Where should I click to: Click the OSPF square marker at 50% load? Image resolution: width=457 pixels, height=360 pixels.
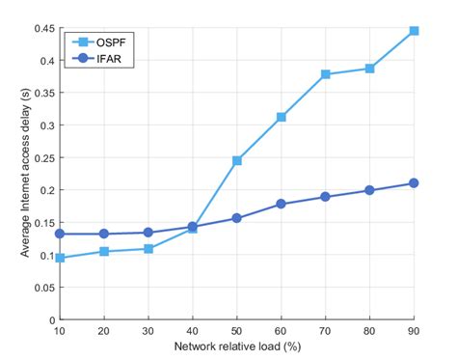click(237, 160)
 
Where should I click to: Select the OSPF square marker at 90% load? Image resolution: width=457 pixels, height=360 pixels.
click(415, 31)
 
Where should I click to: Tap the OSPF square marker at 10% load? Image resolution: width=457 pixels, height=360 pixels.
click(61, 258)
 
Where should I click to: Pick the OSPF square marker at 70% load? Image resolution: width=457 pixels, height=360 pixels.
click(326, 74)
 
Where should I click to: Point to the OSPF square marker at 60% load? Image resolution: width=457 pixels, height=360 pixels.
click(282, 117)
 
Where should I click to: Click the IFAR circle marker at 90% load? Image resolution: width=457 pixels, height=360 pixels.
click(415, 183)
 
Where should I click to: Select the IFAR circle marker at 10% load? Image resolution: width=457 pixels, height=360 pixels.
click(61, 234)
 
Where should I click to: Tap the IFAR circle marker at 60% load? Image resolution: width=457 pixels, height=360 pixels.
click(282, 204)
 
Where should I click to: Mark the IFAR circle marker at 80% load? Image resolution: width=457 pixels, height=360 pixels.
click(370, 190)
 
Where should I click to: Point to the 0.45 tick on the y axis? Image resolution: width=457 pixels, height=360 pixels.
click(42, 28)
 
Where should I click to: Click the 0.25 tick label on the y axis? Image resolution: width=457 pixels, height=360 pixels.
click(42, 157)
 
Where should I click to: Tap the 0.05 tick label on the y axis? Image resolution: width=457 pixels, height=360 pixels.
click(42, 288)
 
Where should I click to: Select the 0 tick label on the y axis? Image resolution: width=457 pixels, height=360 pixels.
click(50, 319)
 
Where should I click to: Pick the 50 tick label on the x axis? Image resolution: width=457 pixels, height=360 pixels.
click(237, 331)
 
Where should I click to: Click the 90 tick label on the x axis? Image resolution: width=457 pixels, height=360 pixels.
click(415, 331)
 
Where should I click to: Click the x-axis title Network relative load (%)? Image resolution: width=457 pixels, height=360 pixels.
click(237, 346)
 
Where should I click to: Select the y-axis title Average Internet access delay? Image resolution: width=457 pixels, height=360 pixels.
click(21, 174)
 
